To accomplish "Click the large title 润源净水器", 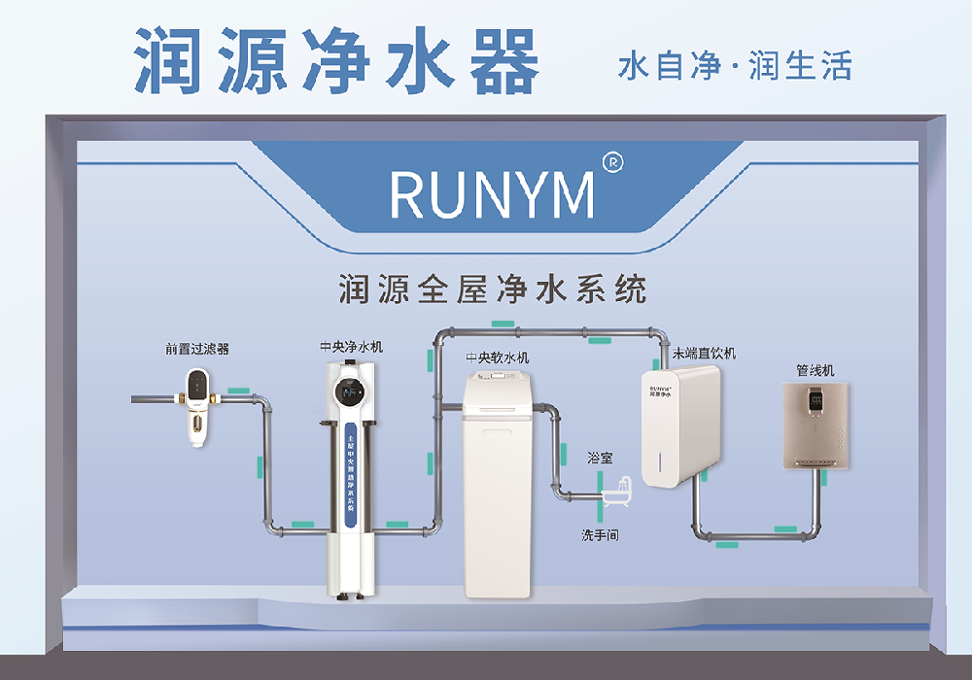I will (x=336, y=60).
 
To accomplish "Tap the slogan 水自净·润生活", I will (x=735, y=66).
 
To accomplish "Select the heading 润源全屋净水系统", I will (x=492, y=289).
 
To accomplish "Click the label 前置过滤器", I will (x=197, y=349).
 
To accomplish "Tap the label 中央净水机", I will (x=351, y=345).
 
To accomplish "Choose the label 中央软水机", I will (x=498, y=357).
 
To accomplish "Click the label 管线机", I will (x=815, y=370).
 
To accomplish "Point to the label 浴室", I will (x=600, y=457).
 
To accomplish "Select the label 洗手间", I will (x=600, y=535).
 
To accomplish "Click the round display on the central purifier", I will (x=350, y=392).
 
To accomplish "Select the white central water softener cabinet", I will (x=498, y=486).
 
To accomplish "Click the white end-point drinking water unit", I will (x=679, y=425).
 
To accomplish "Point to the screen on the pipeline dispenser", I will (x=815, y=399).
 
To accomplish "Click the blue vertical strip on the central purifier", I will (x=350, y=476).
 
